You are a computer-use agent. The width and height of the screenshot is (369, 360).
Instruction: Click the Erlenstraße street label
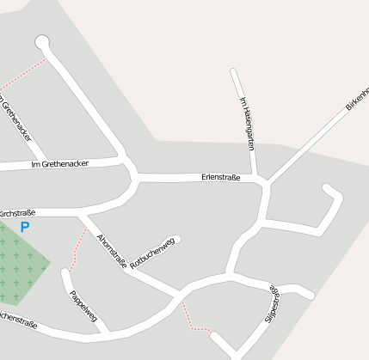(x=219, y=178)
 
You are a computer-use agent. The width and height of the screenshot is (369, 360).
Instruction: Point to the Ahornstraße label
(x=112, y=253)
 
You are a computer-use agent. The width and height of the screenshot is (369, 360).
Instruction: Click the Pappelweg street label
(x=83, y=305)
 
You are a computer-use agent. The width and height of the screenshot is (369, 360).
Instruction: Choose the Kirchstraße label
(x=16, y=212)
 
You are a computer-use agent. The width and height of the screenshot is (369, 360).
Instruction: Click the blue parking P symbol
(x=25, y=228)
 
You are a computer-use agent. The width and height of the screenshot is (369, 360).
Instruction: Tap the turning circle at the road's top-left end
(x=42, y=42)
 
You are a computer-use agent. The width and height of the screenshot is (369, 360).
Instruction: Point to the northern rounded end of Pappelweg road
(x=65, y=273)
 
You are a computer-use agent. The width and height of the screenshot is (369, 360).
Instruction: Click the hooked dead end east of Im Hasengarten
(x=328, y=188)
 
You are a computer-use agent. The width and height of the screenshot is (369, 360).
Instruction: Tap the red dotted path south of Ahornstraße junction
(x=193, y=319)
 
